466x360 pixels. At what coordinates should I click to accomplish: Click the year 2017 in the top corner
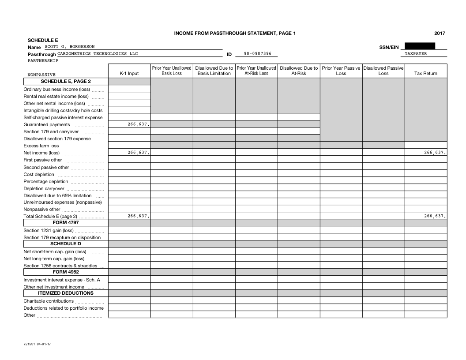tap(440, 33)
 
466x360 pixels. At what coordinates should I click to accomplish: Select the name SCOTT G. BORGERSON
tap(70, 47)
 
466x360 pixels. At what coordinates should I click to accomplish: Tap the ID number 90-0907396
tap(258, 54)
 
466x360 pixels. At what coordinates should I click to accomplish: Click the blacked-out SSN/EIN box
tap(419, 45)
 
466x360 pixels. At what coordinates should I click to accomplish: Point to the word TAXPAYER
tap(416, 54)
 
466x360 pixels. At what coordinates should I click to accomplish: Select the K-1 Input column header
tap(129, 74)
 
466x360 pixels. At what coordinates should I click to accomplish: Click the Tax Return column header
tap(426, 74)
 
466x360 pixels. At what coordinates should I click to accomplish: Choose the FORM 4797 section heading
tap(66, 223)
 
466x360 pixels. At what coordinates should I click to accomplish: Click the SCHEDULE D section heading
tap(66, 244)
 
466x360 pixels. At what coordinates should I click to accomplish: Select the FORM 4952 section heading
tap(66, 272)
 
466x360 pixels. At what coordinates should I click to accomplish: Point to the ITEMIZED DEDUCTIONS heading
tap(66, 293)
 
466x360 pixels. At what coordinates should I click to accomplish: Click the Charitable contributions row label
tap(49, 301)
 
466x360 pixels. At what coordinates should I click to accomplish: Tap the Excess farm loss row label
tap(41, 146)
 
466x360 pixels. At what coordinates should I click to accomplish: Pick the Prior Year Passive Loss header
tap(341, 71)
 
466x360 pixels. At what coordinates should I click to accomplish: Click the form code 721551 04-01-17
tap(36, 343)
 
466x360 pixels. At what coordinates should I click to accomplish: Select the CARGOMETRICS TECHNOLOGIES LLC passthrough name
tap(98, 54)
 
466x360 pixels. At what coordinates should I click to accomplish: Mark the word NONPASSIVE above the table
tap(41, 75)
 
